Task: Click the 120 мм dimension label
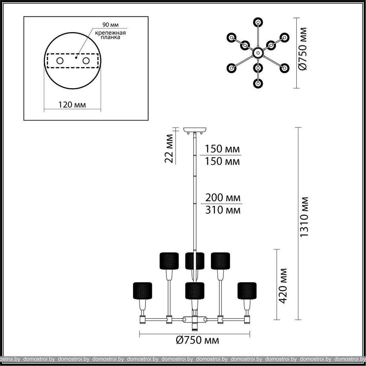tap(72, 104)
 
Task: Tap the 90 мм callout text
tap(110, 25)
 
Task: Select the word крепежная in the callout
tap(110, 33)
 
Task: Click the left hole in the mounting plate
tap(60, 61)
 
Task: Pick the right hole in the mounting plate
tap(86, 61)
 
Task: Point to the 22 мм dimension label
tap(169, 148)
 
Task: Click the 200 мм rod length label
tap(223, 197)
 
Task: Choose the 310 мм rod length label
tap(223, 210)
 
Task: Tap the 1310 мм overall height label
tap(304, 217)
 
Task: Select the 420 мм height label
tap(283, 286)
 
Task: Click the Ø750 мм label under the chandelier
tap(197, 340)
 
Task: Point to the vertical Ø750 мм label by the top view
tap(303, 49)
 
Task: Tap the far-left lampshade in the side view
tap(142, 291)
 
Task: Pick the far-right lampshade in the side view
tap(247, 291)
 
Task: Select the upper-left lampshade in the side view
tap(169, 261)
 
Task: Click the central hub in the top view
tap(258, 53)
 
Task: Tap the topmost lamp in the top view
tap(258, 22)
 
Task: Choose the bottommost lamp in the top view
tap(258, 83)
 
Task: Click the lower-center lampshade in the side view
tap(195, 291)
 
